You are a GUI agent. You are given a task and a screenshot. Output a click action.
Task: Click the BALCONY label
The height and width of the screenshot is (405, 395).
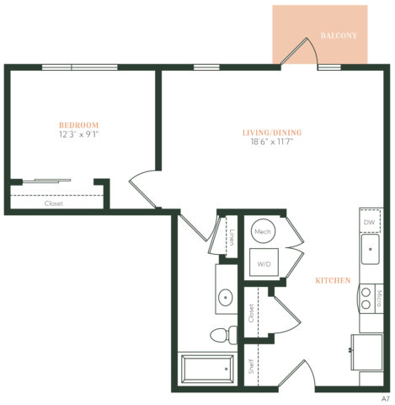(x=339, y=36)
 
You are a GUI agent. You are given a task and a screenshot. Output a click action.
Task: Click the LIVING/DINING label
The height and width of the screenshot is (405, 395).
(x=271, y=132)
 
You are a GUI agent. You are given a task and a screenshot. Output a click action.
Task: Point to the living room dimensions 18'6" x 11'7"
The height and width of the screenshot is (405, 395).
(x=271, y=143)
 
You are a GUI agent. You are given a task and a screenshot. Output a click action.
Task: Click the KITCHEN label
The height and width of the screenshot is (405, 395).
(x=333, y=280)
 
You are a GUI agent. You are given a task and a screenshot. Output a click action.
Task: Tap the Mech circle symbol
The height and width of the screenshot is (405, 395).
(x=262, y=231)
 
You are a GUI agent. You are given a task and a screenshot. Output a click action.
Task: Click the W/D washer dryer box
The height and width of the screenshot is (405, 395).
(x=264, y=264)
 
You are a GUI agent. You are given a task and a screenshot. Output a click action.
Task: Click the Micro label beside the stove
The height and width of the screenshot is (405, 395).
(x=379, y=297)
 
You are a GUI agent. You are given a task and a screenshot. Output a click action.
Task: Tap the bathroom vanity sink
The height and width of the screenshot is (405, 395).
(x=226, y=297)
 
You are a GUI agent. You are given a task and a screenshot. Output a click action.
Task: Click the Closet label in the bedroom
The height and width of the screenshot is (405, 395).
(x=53, y=203)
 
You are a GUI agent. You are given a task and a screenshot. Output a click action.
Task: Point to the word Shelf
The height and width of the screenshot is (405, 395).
(x=251, y=367)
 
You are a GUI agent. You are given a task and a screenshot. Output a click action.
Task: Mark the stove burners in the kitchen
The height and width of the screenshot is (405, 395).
(x=366, y=297)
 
